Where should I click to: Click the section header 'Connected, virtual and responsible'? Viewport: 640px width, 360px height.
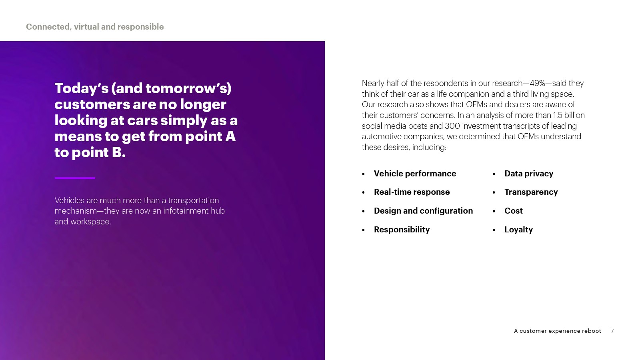pyautogui.click(x=95, y=27)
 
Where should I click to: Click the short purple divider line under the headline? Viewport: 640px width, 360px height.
pyautogui.click(x=75, y=178)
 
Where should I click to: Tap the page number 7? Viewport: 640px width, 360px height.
pyautogui.click(x=612, y=331)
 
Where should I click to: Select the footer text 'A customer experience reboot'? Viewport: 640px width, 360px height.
pyautogui.click(x=558, y=331)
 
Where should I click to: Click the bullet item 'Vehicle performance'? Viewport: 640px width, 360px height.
pyautogui.click(x=415, y=174)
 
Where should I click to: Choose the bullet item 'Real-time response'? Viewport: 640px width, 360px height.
pyautogui.click(x=412, y=192)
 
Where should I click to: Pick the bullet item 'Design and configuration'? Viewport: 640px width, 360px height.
pyautogui.click(x=424, y=211)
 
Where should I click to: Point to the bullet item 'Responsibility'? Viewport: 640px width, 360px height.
pyautogui.click(x=402, y=230)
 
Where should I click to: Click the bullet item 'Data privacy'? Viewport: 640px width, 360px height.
pyautogui.click(x=529, y=174)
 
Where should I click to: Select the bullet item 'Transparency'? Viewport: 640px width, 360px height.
pyautogui.click(x=531, y=192)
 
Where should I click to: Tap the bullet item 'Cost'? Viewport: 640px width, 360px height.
pyautogui.click(x=514, y=211)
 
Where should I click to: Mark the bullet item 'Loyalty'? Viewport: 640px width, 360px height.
pyautogui.click(x=518, y=230)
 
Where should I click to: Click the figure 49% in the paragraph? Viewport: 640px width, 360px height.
pyautogui.click(x=538, y=84)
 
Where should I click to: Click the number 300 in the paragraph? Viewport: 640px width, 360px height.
pyautogui.click(x=452, y=126)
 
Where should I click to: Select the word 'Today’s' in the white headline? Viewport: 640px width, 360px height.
pyautogui.click(x=82, y=88)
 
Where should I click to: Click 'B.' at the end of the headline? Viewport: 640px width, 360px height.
pyautogui.click(x=118, y=152)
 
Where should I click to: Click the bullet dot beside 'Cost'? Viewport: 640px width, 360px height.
pyautogui.click(x=494, y=212)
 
